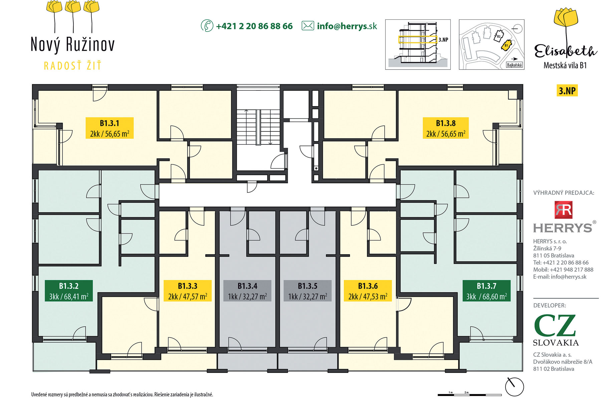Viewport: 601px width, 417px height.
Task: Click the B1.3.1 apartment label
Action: pyautogui.click(x=110, y=128)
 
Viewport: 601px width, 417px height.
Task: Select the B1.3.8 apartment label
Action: pyautogui.click(x=446, y=128)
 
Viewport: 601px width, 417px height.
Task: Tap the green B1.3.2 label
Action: pyautogui.click(x=69, y=291)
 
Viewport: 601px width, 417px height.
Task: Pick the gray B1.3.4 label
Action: pyautogui.click(x=247, y=291)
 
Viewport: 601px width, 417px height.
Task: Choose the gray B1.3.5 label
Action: pyautogui.click(x=308, y=291)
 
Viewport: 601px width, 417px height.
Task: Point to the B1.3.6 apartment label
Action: pyautogui.click(x=368, y=291)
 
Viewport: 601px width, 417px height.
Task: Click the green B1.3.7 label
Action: pyautogui.click(x=486, y=291)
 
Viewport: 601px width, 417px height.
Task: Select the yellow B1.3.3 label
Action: pyautogui.click(x=188, y=291)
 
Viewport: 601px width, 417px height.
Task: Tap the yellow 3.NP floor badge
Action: pyautogui.click(x=567, y=91)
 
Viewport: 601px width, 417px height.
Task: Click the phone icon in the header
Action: pyautogui.click(x=207, y=26)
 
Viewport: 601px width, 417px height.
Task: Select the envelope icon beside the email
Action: pyautogui.click(x=308, y=26)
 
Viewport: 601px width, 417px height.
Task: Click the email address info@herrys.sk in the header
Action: pyautogui.click(x=347, y=26)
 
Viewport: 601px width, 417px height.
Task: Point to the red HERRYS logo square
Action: pyautogui.click(x=564, y=210)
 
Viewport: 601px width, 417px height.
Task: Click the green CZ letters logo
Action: pyautogui.click(x=555, y=325)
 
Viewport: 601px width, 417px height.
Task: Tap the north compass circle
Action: pyautogui.click(x=514, y=387)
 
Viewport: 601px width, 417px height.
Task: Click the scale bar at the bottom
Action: pyautogui.click(x=469, y=395)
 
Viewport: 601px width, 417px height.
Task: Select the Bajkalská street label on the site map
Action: pyautogui.click(x=514, y=65)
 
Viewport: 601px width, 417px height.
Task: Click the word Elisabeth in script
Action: pyautogui.click(x=565, y=51)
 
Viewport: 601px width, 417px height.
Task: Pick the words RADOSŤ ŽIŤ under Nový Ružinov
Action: pyautogui.click(x=72, y=66)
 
